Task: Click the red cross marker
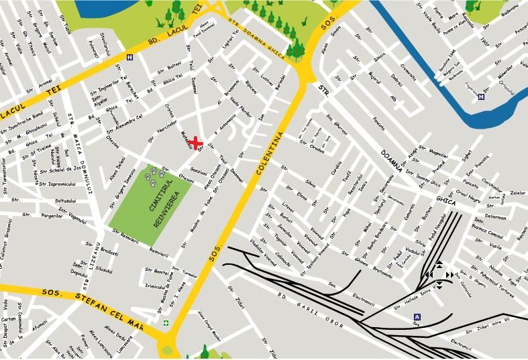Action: (x=195, y=143)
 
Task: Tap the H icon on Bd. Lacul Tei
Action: (x=129, y=58)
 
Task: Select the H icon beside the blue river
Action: (x=480, y=97)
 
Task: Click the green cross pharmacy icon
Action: (x=166, y=323)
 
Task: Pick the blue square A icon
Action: (x=417, y=317)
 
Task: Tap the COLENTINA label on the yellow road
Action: (x=270, y=154)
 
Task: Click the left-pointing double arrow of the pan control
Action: (x=427, y=274)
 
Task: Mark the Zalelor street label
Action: (x=517, y=193)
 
